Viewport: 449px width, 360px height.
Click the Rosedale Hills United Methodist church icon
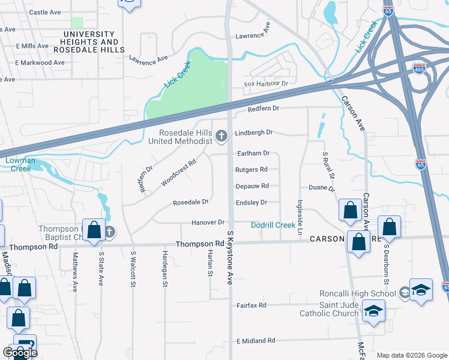(221, 137)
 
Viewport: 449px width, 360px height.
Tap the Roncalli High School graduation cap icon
(421, 290)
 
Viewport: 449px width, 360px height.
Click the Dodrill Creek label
(273, 225)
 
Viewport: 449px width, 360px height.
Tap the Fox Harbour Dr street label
(266, 84)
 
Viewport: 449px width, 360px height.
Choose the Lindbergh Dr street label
(254, 132)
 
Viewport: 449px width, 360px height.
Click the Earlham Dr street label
(253, 154)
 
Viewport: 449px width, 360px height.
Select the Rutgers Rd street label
(251, 170)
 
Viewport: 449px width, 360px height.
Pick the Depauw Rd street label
(252, 186)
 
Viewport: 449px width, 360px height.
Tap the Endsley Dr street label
(251, 203)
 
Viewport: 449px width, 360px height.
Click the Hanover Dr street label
(208, 223)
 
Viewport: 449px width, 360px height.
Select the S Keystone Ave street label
(229, 257)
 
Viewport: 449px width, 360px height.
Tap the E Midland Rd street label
(255, 341)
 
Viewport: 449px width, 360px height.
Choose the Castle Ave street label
(45, 12)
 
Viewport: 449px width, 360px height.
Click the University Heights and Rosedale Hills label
(89, 38)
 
